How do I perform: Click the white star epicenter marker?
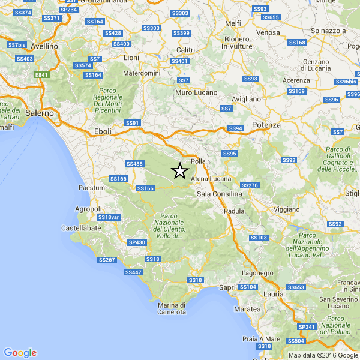point(179,171)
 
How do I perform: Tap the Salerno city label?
point(40,112)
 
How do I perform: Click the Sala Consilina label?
point(220,194)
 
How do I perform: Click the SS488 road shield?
point(135,164)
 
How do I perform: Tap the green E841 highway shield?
point(41,74)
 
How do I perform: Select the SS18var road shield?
point(109,217)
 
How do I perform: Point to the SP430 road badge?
point(137,242)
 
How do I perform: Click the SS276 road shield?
point(249,185)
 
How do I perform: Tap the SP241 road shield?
point(307,326)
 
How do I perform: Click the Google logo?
point(20,352)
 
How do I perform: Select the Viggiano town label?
point(285,209)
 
